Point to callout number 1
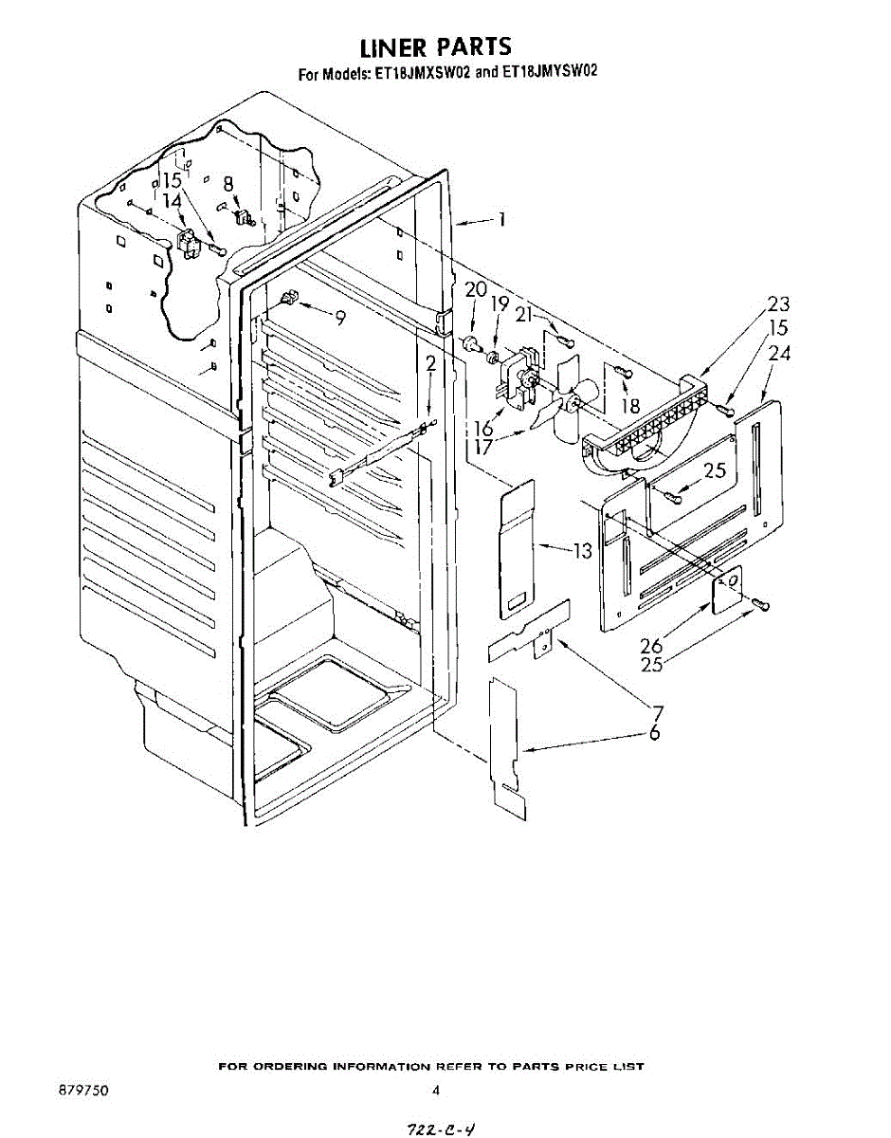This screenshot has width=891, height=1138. (x=501, y=220)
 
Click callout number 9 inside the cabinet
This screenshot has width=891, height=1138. (x=338, y=319)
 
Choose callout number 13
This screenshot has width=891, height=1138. (x=581, y=550)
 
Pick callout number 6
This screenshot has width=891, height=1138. (x=654, y=733)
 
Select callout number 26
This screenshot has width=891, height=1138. (x=651, y=646)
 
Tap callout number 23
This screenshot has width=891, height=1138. (x=779, y=305)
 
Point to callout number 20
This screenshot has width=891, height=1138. (x=476, y=290)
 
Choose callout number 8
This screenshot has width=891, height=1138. (x=228, y=184)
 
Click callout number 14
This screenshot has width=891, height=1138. (x=172, y=200)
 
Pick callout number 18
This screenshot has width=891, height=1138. (x=630, y=406)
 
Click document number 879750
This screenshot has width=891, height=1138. (x=83, y=1091)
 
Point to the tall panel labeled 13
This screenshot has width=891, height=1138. (x=518, y=550)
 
